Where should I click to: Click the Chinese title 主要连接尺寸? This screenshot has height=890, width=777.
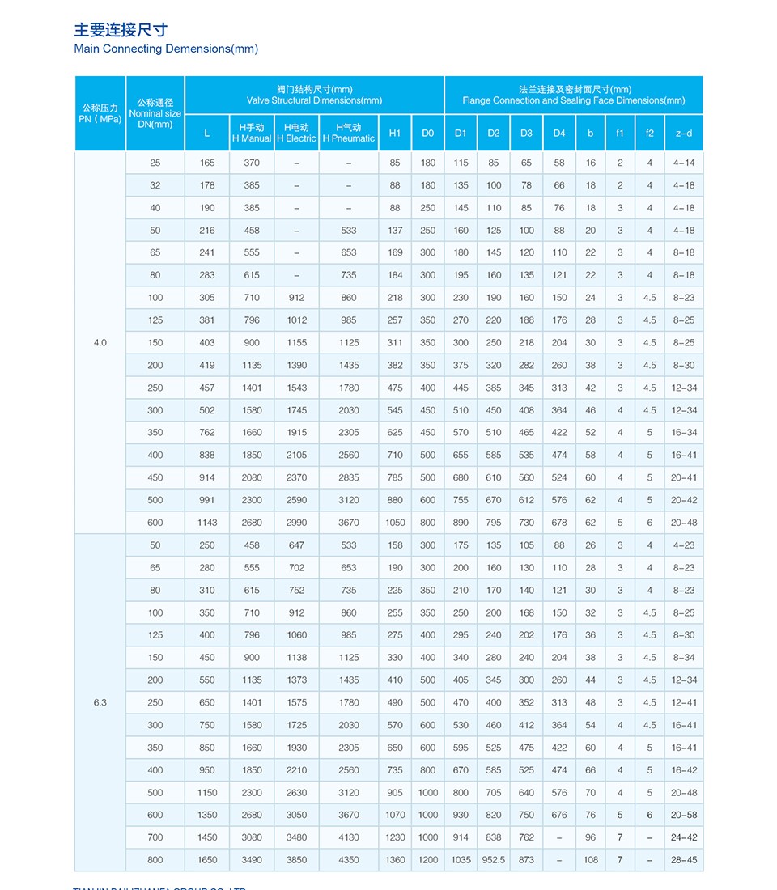coord(121,30)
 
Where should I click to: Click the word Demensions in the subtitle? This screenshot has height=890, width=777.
coord(197,49)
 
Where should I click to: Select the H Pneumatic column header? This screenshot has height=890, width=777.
coord(349,133)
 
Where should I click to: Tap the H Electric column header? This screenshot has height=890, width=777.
coord(296,133)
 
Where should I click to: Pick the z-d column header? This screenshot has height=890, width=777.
coord(684,133)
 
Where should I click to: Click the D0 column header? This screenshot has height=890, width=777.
coord(428,133)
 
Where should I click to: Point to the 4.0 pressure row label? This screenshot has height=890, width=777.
coord(100,342)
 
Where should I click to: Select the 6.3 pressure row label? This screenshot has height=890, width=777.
coord(100,702)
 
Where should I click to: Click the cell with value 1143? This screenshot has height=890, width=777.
coord(207,523)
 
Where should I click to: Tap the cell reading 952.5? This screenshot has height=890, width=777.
coord(494,860)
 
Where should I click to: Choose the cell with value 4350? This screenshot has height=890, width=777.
coord(349,860)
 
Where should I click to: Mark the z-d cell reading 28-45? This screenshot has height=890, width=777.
coord(684,860)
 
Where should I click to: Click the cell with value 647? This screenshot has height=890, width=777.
coord(296,545)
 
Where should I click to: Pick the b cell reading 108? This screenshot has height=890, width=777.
coord(591,860)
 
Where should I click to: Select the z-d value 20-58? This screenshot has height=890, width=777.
coord(684,815)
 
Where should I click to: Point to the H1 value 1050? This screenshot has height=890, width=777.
coord(395,523)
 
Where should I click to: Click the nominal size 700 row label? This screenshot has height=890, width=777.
coord(155,837)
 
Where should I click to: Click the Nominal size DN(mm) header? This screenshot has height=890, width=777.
coord(155,113)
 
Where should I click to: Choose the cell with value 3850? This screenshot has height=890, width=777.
coord(296,860)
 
